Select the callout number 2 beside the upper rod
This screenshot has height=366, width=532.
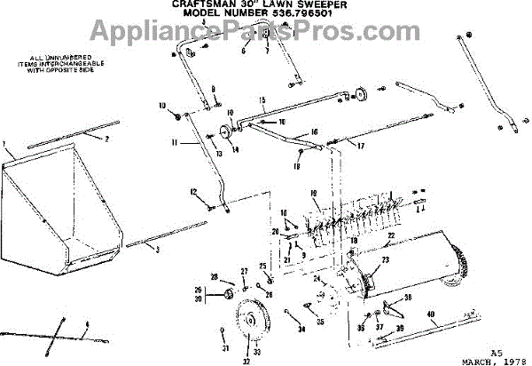pyautogui.click(x=107, y=139)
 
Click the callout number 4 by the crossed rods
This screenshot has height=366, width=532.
pyautogui.click(x=86, y=334)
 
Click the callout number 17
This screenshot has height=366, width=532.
pyautogui.click(x=360, y=145)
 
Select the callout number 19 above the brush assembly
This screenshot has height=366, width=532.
pyautogui.click(x=314, y=194)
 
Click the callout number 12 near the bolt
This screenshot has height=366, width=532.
pyautogui.click(x=192, y=192)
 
